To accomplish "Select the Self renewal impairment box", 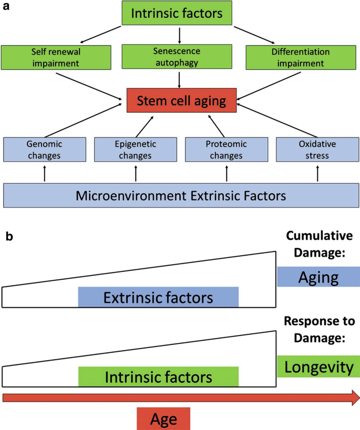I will pyautogui.click(x=56, y=57).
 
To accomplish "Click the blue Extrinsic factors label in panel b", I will pyautogui.click(x=158, y=297).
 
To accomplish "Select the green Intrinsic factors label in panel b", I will pyautogui.click(x=158, y=377).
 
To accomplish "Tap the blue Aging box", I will pyautogui.click(x=318, y=276).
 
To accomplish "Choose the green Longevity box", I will pyautogui.click(x=318, y=366).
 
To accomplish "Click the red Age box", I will pyautogui.click(x=163, y=419).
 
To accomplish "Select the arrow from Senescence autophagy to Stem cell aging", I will pyautogui.click(x=180, y=79).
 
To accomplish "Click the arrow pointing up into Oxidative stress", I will pyautogui.click(x=318, y=172).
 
